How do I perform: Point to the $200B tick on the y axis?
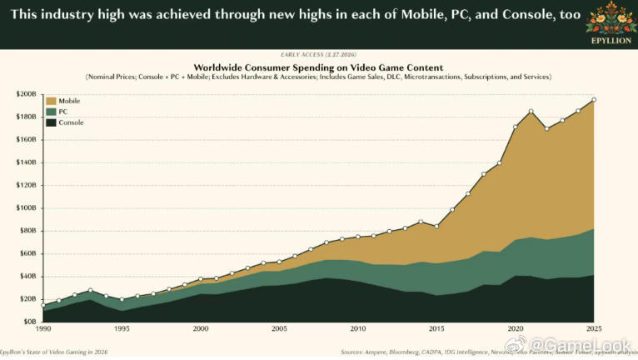coord(26,94)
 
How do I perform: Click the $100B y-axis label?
coord(26,208)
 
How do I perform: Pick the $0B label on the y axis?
coord(29,322)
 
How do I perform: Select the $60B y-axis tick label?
coord(27,253)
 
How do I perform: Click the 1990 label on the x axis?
coord(42,330)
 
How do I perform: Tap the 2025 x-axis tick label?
coord(593,330)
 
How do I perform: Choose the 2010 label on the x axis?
coord(357,330)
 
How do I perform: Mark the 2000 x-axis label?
coord(200,330)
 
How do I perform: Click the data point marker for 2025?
coord(593,100)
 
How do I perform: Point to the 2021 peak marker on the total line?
coord(531,112)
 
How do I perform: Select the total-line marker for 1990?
coord(43,305)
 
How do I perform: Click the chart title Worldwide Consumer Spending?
coord(318,67)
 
